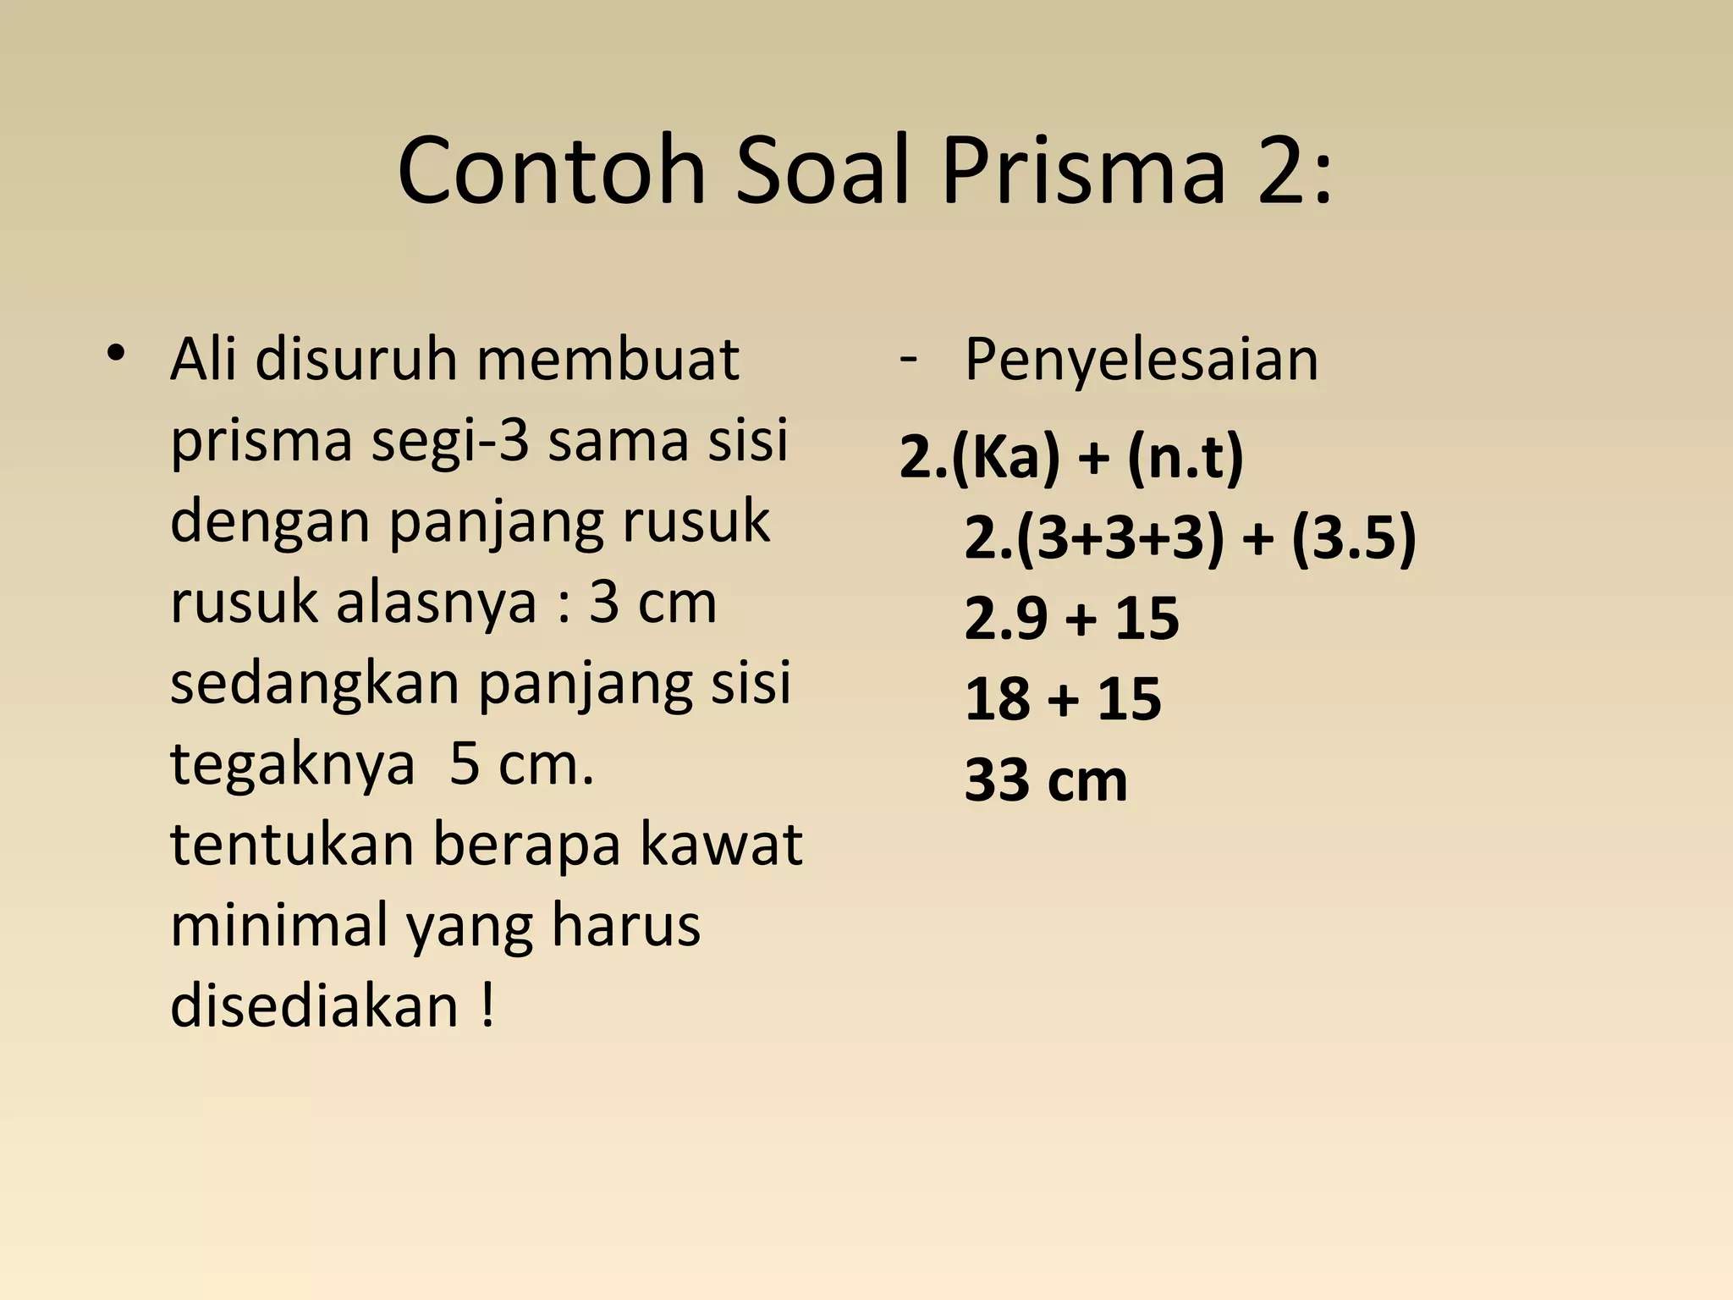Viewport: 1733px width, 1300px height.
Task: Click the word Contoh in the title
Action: (551, 172)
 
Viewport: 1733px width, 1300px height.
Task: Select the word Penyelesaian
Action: (1142, 361)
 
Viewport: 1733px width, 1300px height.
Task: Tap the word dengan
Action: (270, 523)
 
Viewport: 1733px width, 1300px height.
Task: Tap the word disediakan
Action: (314, 1007)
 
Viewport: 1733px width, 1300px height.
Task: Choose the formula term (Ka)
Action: (1005, 458)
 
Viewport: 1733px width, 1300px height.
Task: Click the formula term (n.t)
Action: (1185, 458)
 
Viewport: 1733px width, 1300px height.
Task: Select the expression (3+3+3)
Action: (1120, 539)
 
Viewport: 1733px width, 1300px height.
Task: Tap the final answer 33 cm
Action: (1046, 781)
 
